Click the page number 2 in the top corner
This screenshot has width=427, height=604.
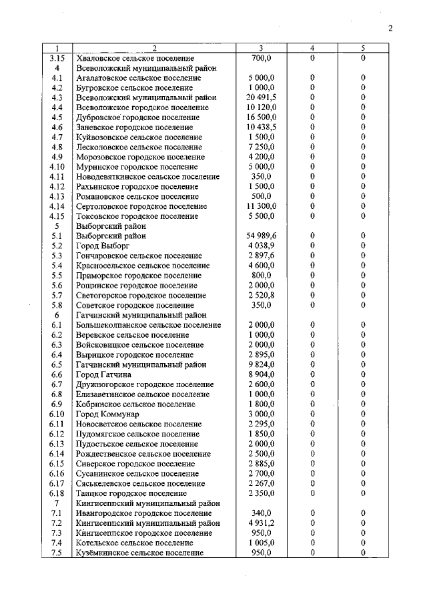pyautogui.click(x=391, y=27)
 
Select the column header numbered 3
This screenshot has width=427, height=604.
pyautogui.click(x=261, y=49)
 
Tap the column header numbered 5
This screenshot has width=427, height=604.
pyautogui.click(x=363, y=49)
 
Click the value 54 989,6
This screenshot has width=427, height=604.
pyautogui.click(x=261, y=236)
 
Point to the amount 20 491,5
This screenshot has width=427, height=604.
pyautogui.click(x=261, y=97)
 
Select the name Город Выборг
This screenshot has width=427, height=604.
pyautogui.click(x=101, y=246)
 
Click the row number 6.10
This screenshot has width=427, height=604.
pyautogui.click(x=58, y=414)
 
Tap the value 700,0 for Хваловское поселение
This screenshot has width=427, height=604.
pyautogui.click(x=261, y=58)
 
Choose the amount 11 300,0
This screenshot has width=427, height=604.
pyautogui.click(x=261, y=206)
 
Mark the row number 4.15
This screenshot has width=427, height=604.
pyautogui.click(x=58, y=216)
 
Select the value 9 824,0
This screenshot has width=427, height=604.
pyautogui.click(x=261, y=364)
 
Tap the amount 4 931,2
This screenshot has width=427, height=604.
pyautogui.click(x=261, y=523)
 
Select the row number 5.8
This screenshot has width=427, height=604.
pyautogui.click(x=58, y=305)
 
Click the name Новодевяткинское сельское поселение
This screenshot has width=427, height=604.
pyautogui.click(x=148, y=177)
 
